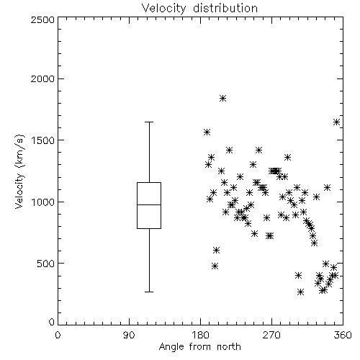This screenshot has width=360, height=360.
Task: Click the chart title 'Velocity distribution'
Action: [x=199, y=8]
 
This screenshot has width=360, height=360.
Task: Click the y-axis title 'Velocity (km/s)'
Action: [x=20, y=171]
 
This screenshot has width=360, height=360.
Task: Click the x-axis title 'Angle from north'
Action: [x=199, y=346]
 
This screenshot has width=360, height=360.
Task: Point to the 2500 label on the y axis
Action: [x=42, y=19]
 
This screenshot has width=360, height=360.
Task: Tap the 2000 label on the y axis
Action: [x=42, y=78]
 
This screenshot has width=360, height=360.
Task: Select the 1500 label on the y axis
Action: [x=43, y=140]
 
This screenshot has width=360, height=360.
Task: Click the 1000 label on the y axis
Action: [x=43, y=202]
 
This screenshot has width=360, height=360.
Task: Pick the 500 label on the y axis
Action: [x=46, y=264]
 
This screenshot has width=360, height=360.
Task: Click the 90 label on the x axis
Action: [x=129, y=335]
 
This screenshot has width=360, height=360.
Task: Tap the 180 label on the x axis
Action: [x=200, y=335]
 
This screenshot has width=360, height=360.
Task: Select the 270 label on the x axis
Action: [x=271, y=335]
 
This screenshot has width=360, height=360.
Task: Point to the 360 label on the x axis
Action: [x=343, y=335]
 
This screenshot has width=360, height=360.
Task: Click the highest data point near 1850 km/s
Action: [x=222, y=98]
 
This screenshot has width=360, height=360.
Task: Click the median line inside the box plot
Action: [x=149, y=204]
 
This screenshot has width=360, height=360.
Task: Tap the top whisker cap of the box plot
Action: [x=149, y=122]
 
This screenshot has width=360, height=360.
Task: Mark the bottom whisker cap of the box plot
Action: [x=149, y=292]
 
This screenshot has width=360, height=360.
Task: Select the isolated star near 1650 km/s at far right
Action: [x=336, y=122]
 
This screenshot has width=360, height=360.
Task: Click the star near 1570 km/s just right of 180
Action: [x=207, y=132]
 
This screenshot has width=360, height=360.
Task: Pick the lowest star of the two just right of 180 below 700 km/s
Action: [x=215, y=266]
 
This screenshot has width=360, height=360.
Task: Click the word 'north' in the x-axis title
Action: [x=229, y=346]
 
